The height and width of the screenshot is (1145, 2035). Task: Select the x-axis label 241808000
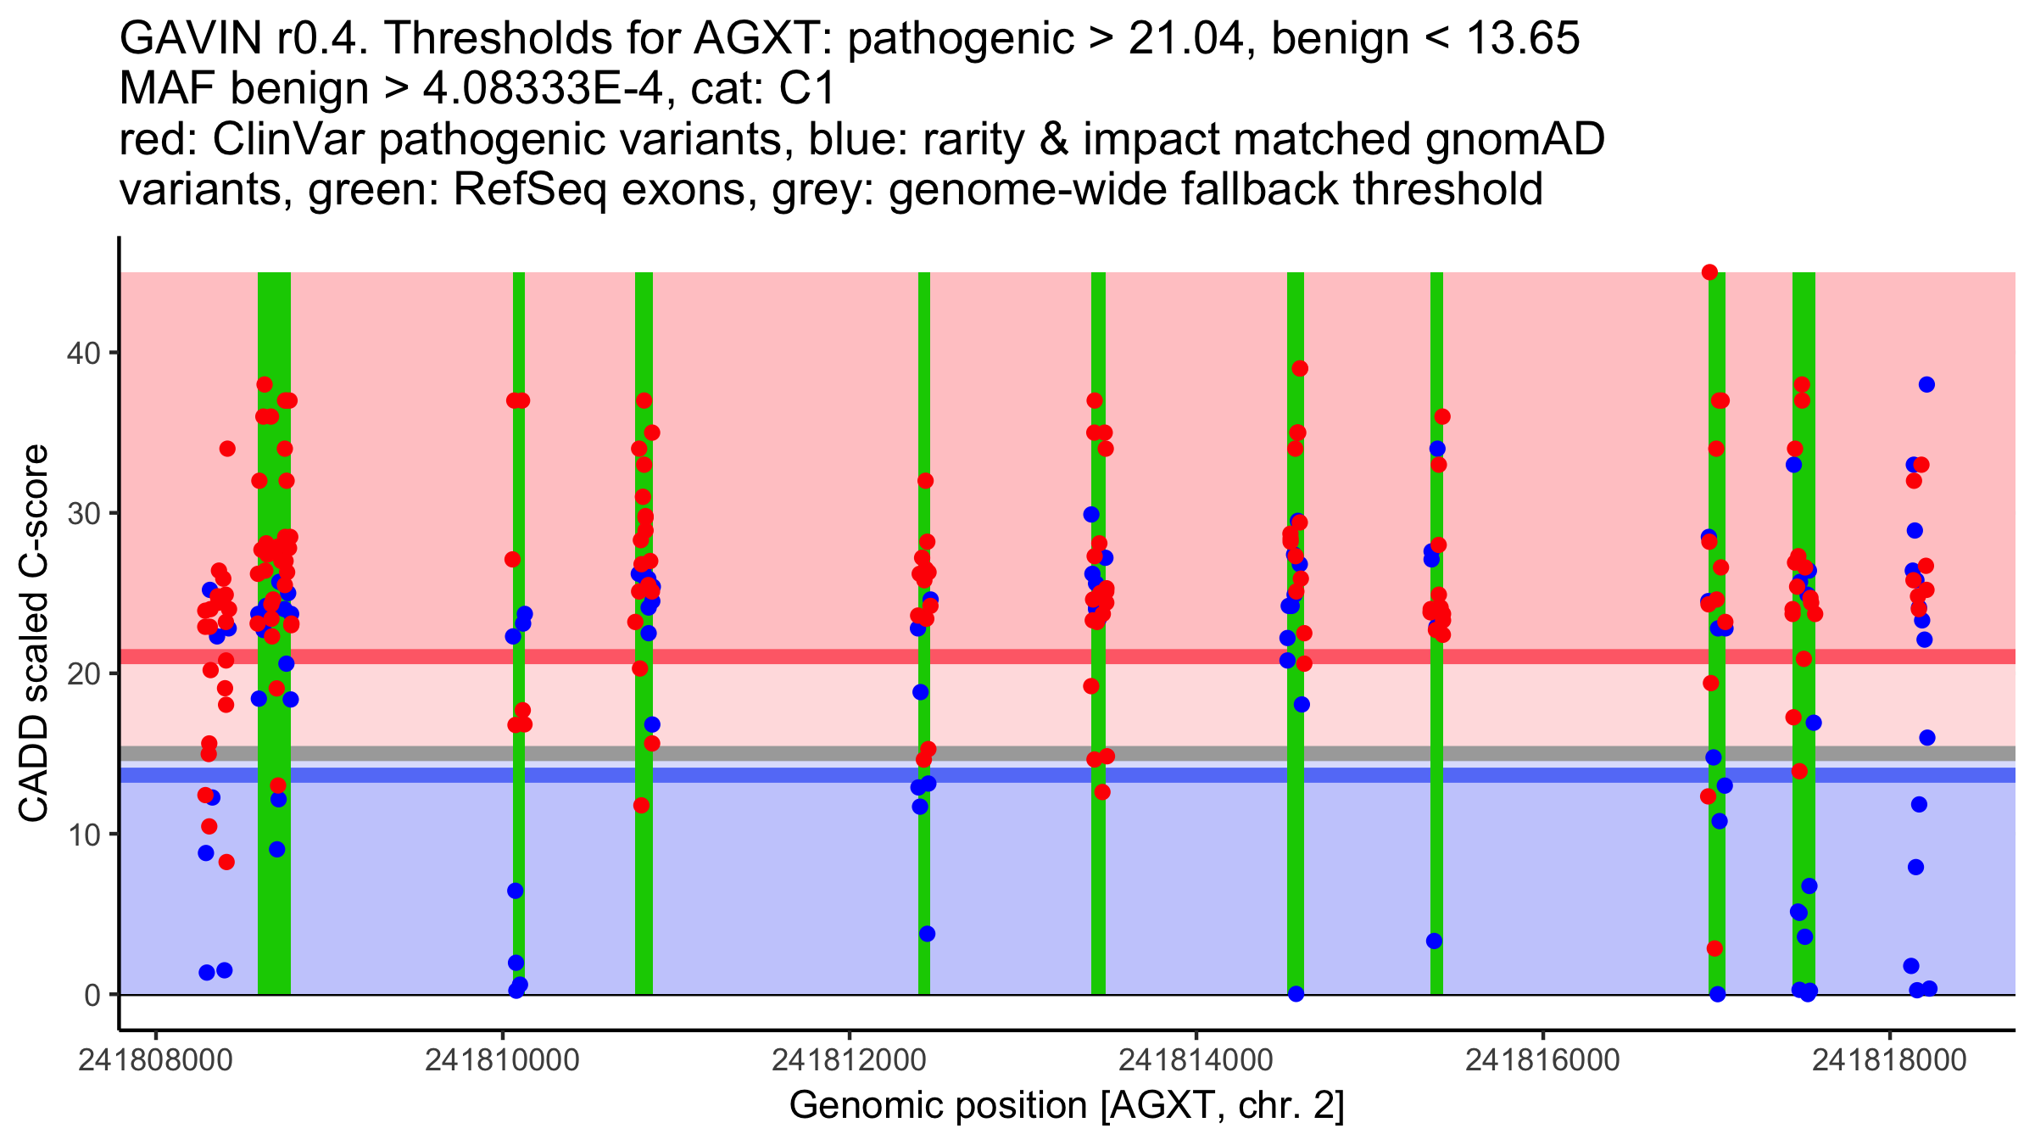pos(155,1061)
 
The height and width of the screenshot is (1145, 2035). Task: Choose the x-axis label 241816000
pos(1542,1061)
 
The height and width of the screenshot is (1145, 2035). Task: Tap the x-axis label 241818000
pos(1888,1061)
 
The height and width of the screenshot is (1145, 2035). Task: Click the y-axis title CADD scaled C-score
pos(34,634)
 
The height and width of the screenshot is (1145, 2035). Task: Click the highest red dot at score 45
pos(1710,272)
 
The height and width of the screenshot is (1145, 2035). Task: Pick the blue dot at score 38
pos(1926,385)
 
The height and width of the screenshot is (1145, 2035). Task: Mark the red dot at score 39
pos(1300,369)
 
